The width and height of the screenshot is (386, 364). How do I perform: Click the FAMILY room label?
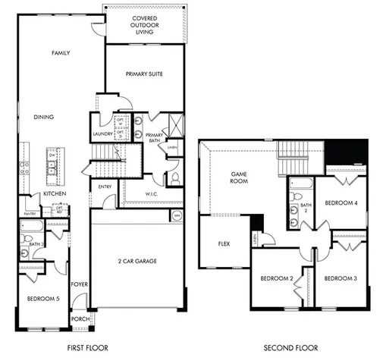61,54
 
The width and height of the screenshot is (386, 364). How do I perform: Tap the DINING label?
44,118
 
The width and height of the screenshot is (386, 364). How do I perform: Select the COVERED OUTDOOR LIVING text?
144,25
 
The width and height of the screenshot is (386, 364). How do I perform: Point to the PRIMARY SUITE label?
144,74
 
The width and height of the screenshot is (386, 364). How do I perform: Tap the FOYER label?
78,284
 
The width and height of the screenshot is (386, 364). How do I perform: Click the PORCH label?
80,319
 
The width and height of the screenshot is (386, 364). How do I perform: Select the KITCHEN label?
55,194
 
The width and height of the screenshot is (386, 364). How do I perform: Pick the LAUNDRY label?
102,134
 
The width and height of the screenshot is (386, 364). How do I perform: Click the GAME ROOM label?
240,178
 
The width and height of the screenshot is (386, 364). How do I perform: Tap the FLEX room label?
224,244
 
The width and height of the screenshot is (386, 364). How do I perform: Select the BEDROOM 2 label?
277,279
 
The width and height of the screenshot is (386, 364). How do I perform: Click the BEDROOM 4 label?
340,203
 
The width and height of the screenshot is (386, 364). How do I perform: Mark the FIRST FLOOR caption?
87,348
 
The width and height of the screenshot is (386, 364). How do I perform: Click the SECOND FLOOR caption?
290,348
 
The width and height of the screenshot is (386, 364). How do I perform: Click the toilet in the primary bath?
174,179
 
